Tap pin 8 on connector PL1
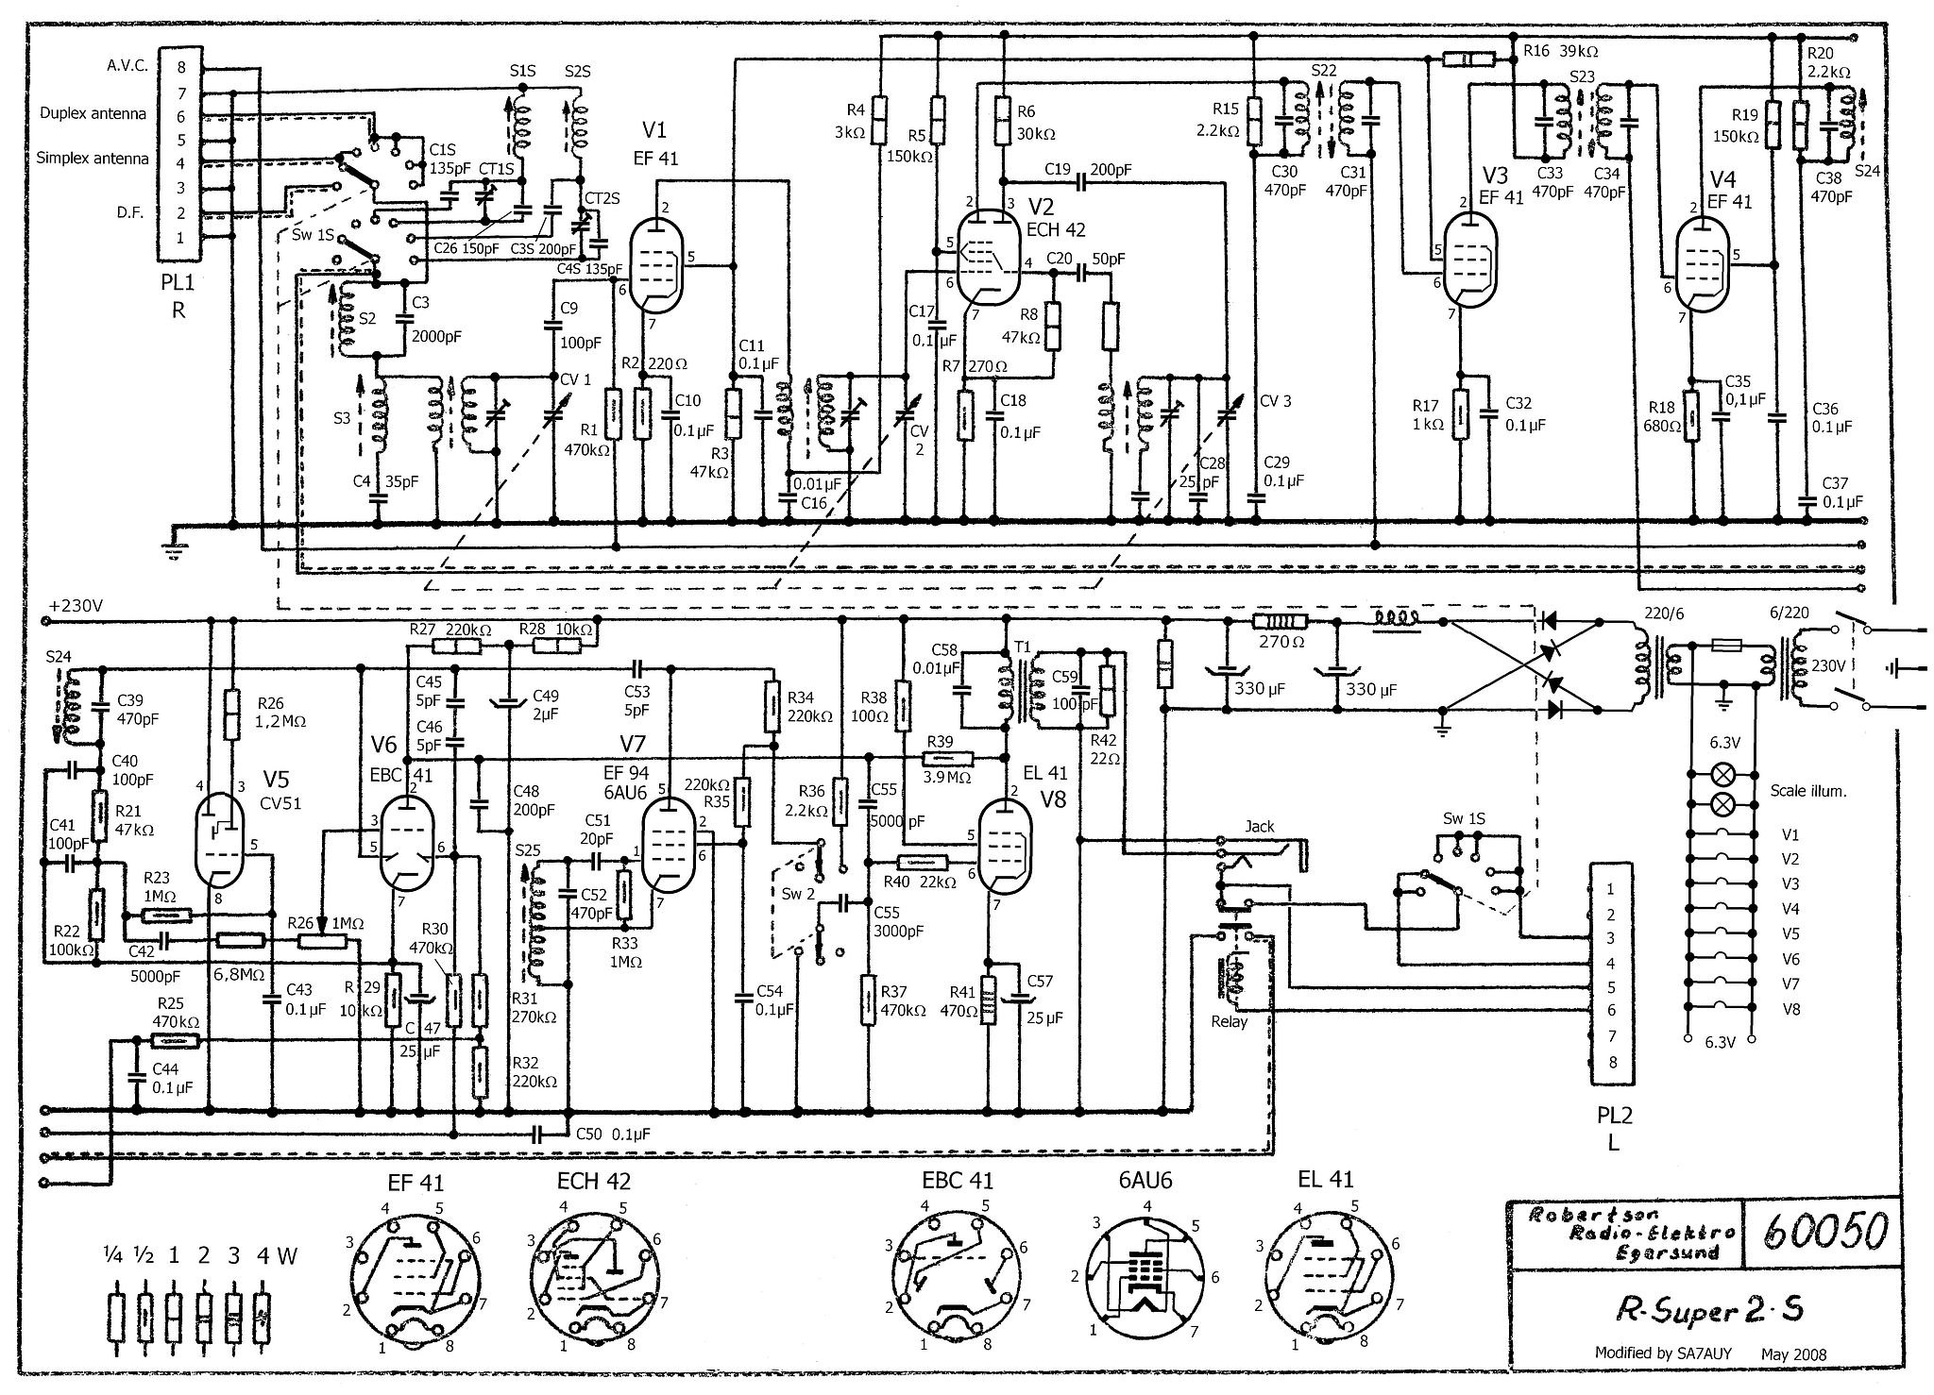(180, 67)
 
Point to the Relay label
(1229, 1021)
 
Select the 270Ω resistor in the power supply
(1280, 622)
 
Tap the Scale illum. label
(1807, 791)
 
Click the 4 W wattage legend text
(277, 1255)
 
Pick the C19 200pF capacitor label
(1087, 170)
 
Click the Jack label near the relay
(1259, 826)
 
